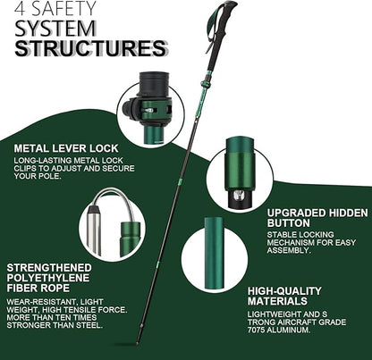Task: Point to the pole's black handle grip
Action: pos(223,18)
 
